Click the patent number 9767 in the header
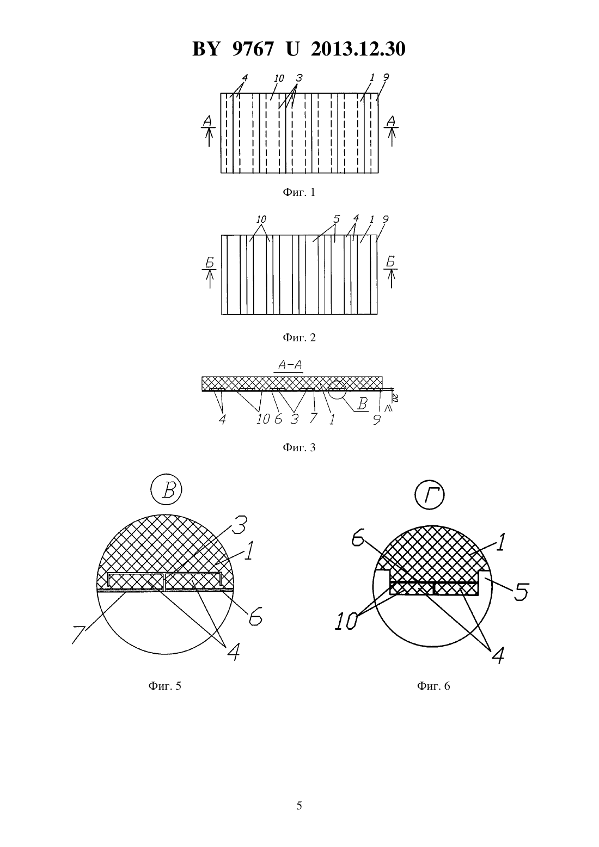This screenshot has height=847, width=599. (252, 49)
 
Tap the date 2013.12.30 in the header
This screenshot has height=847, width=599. (358, 49)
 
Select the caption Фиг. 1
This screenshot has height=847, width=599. (299, 193)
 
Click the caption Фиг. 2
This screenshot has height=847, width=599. (299, 337)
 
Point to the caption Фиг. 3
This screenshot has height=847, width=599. (299, 447)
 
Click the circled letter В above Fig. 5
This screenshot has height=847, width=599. (167, 490)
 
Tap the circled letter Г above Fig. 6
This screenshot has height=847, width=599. (429, 495)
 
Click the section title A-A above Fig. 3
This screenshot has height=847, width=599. (290, 365)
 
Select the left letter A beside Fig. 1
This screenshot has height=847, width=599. (207, 121)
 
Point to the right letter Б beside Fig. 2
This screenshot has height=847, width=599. (390, 261)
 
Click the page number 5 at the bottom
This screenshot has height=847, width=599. (299, 806)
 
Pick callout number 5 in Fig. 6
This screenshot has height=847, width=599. (521, 592)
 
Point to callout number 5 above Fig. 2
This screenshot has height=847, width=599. (337, 219)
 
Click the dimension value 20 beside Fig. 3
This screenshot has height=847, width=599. (394, 397)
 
